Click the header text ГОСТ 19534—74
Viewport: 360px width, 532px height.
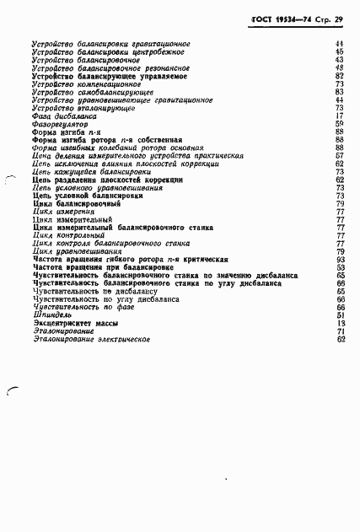click(x=282, y=18)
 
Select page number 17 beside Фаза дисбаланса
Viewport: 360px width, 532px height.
click(x=341, y=116)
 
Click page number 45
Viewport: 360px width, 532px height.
click(x=341, y=51)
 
